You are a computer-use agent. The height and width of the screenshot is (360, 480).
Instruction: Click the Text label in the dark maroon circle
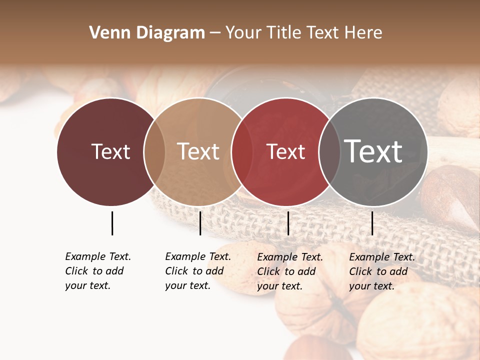point(110,151)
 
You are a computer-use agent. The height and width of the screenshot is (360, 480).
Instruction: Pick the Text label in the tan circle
point(198,151)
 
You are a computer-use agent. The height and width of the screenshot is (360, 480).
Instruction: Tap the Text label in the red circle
point(285,151)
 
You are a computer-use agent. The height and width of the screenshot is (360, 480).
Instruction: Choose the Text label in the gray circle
point(373,151)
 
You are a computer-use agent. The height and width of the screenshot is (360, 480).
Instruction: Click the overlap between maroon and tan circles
point(154,151)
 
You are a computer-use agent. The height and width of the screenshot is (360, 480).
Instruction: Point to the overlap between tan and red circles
point(242,151)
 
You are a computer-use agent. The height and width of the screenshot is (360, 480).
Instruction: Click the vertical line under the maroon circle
point(112,223)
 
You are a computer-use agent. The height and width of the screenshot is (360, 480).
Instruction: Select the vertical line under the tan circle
point(200,223)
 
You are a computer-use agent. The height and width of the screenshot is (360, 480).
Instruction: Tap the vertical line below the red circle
point(288,223)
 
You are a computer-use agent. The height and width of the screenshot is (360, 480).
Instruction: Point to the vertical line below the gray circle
point(372,223)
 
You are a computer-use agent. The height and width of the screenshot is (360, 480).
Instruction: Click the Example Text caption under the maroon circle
point(97,271)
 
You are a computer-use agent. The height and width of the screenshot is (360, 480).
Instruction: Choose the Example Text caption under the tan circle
point(197,271)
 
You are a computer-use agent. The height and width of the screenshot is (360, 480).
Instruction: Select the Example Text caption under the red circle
point(289,271)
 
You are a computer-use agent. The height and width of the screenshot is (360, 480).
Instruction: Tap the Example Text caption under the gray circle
point(381,271)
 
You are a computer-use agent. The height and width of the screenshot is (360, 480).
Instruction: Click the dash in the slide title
point(215,33)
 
